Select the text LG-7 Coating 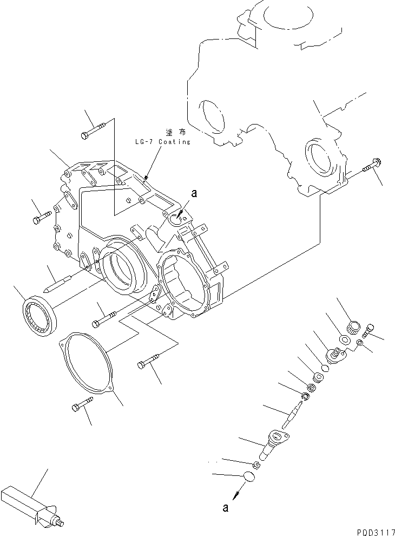(x=163, y=142)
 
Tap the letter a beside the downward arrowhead (x=226, y=507)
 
